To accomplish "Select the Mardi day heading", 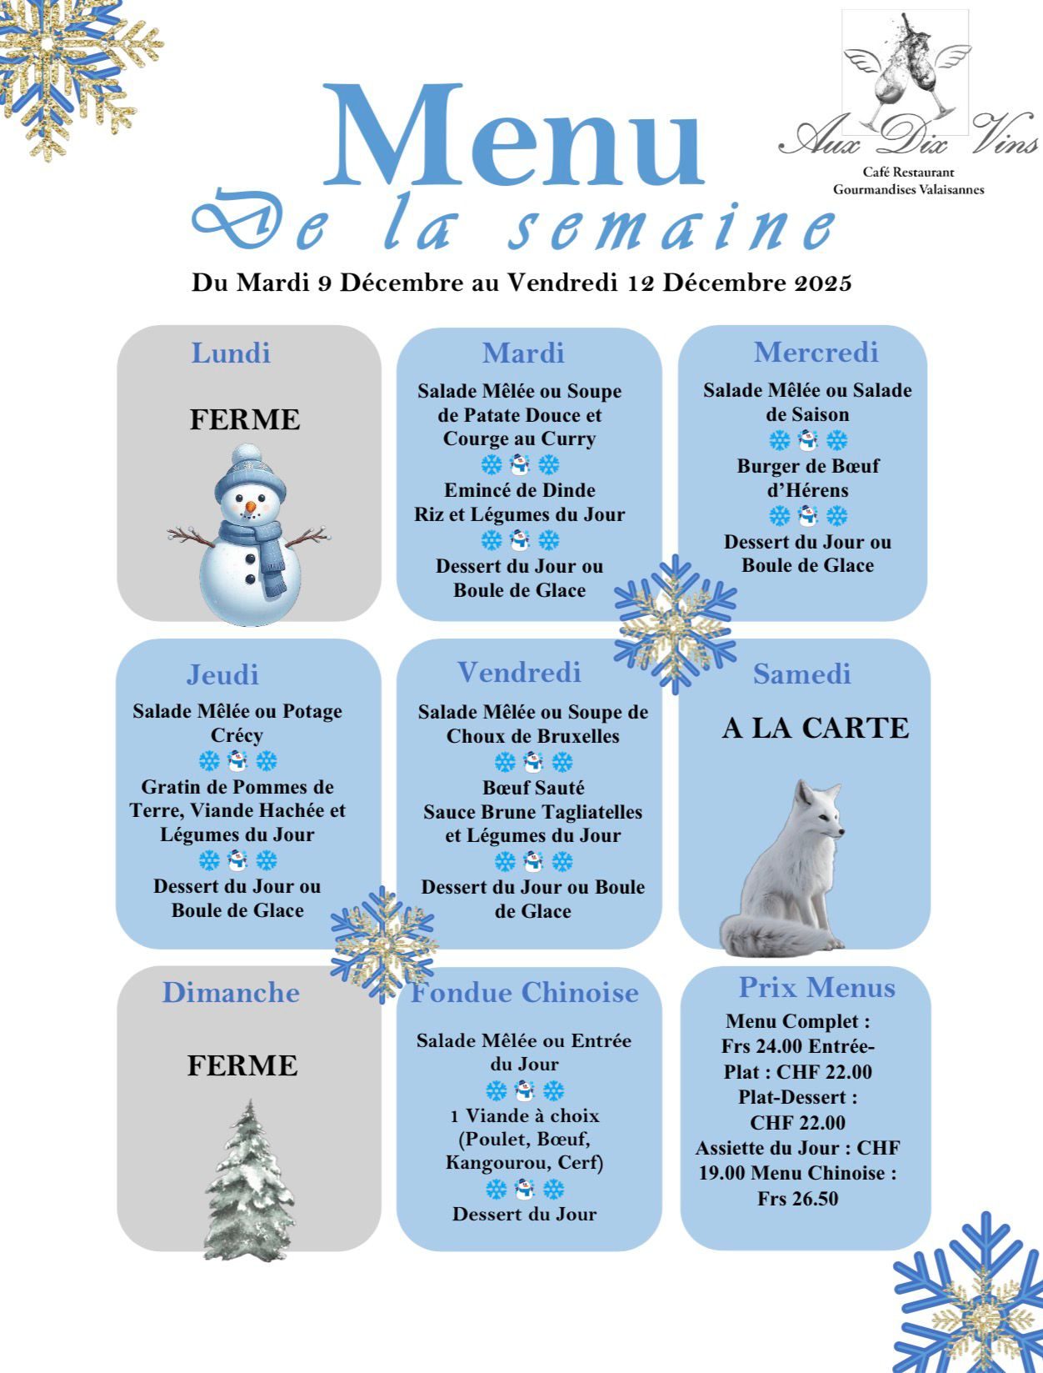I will tap(523, 353).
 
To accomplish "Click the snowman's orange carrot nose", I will tap(250, 506).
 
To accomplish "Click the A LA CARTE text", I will tap(815, 728).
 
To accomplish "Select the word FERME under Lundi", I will tap(245, 418).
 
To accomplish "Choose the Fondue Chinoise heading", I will tap(525, 992).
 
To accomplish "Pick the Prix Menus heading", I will tap(816, 988).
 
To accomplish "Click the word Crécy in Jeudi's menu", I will tap(237, 735).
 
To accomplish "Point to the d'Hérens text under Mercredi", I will tap(807, 490).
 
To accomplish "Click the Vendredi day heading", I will tap(519, 672).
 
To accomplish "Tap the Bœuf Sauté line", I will tap(533, 787).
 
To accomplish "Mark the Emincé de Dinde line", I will tap(519, 490).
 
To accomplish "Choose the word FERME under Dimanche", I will tap(242, 1065).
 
